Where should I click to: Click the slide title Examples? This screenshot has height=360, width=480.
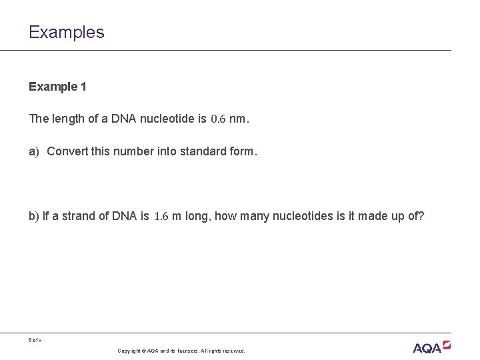[x=67, y=32]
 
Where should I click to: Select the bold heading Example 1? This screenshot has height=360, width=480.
[x=57, y=87]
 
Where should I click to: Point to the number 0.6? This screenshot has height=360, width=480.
[x=218, y=119]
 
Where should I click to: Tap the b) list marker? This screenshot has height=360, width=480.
[x=34, y=216]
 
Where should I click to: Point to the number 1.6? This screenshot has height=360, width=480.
[x=161, y=216]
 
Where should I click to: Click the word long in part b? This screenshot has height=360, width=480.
[x=194, y=216]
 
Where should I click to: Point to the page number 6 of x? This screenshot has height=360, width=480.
[x=35, y=340]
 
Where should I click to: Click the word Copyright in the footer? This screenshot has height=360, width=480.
[x=129, y=351]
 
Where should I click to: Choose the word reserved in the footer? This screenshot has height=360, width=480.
[x=233, y=351]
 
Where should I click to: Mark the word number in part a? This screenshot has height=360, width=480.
[x=129, y=151]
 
